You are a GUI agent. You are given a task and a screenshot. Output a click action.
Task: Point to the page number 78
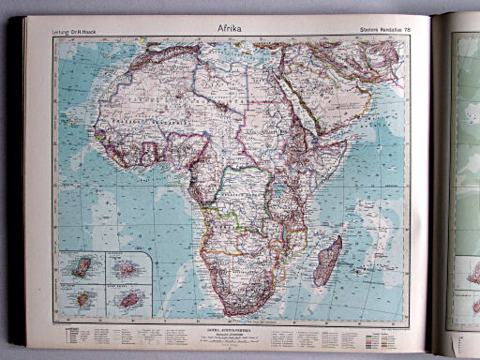click(416, 33)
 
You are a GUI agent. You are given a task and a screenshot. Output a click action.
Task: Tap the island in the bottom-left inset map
click(83, 299)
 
